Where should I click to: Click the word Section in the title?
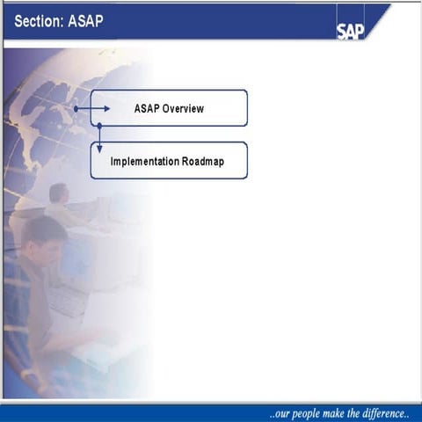38,20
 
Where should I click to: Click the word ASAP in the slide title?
85,20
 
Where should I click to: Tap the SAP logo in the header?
349,31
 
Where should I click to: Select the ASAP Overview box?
169,108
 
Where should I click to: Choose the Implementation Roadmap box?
169,161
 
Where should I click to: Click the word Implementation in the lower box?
145,162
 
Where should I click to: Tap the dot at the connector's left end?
76,109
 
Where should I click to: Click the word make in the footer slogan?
343,412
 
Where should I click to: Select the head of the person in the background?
59,193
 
